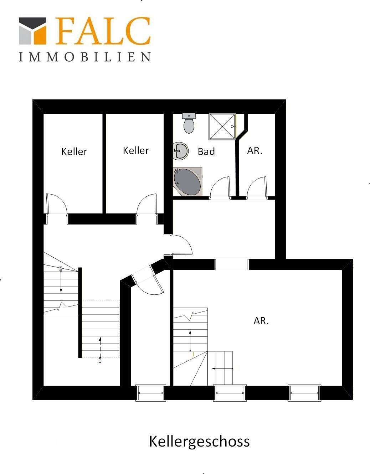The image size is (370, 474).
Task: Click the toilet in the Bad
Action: tap(189, 123)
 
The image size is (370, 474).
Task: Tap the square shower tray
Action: tap(222, 127)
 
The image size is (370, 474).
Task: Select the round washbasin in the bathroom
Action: tap(181, 151)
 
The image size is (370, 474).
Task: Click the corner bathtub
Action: tap(187, 182)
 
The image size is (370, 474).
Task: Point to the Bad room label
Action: tap(206, 151)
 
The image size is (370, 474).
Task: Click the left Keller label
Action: tap(74, 151)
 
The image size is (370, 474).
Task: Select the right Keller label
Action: tap(136, 150)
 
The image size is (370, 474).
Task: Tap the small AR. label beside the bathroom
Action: tap(255, 150)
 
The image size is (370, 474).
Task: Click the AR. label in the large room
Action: tap(261, 321)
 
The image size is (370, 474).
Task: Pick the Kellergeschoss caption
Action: tap(199, 441)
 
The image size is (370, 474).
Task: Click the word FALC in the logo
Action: tap(103, 31)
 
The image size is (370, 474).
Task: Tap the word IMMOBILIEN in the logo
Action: tap(84, 57)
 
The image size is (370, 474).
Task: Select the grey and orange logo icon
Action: tap(32, 31)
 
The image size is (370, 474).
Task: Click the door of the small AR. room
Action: tap(257, 187)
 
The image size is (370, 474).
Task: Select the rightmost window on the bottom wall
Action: tap(304, 393)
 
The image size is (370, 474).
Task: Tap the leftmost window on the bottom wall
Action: tap(151, 393)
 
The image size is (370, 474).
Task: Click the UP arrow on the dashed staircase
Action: tap(100, 347)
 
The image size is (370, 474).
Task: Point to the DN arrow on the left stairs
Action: tap(61, 280)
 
